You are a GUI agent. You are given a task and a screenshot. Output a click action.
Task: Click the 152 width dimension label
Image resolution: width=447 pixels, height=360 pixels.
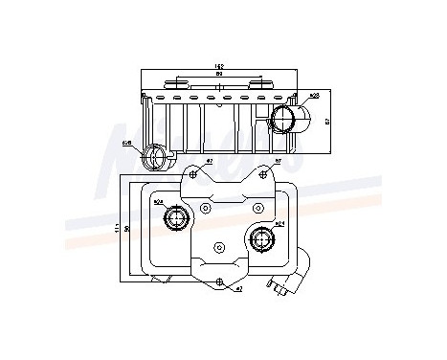pyautogui.click(x=219, y=67)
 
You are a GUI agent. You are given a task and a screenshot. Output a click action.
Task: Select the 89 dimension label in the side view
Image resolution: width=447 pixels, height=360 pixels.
pyautogui.click(x=219, y=76)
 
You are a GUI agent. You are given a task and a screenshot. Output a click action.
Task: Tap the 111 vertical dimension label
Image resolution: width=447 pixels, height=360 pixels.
pyautogui.click(x=118, y=227)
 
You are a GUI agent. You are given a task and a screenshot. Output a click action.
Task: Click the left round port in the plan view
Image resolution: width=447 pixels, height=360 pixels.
pyautogui.click(x=175, y=221)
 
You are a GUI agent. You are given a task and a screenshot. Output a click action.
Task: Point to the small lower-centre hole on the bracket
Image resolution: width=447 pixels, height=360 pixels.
pyautogui.click(x=219, y=248)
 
